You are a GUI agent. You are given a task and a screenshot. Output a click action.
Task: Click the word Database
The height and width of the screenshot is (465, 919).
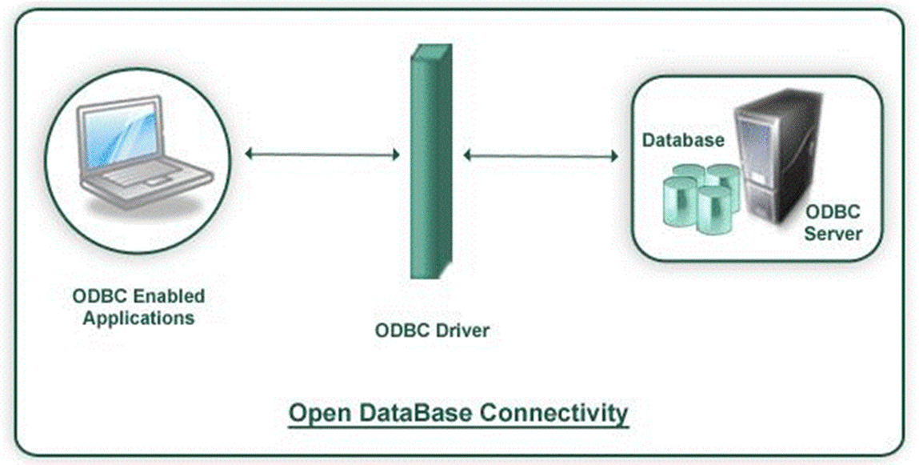[684, 140]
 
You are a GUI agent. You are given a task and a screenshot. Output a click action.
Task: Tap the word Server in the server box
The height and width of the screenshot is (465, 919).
[833, 234]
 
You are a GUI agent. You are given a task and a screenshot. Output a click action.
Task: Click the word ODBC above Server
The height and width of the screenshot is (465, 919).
[833, 213]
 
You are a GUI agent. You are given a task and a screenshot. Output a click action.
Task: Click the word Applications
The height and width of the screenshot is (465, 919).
[138, 318]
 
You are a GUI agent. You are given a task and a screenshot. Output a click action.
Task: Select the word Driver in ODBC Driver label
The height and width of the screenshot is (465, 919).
[461, 330]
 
